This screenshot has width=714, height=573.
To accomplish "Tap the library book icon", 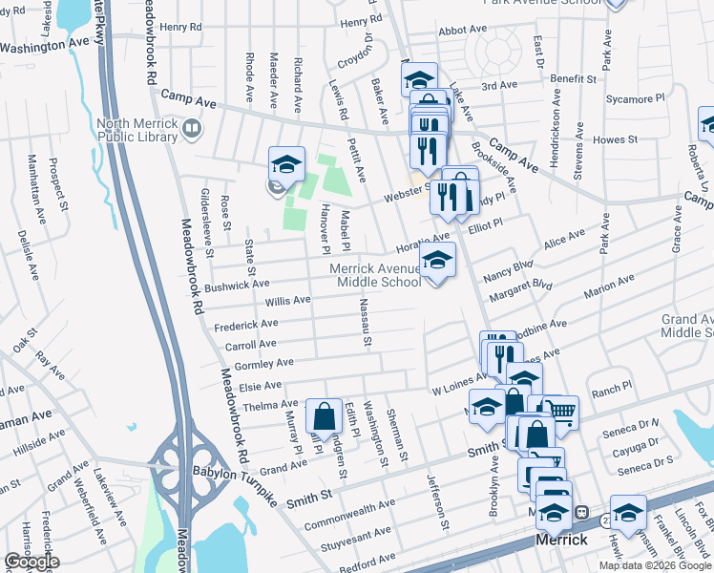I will pyautogui.click(x=192, y=128).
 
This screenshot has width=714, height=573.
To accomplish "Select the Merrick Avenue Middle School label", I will pyautogui.click(x=376, y=275).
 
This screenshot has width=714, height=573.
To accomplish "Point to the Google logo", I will pyautogui.click(x=31, y=562).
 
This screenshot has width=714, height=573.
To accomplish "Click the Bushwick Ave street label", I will pyautogui.click(x=237, y=285).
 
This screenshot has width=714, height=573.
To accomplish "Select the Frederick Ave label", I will pyautogui.click(x=245, y=326).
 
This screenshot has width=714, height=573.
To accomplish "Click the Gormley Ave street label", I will pyautogui.click(x=263, y=363).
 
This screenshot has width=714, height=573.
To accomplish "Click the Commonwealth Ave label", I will pyautogui.click(x=349, y=515).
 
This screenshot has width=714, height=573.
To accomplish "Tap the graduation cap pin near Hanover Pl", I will pyautogui.click(x=286, y=164).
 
